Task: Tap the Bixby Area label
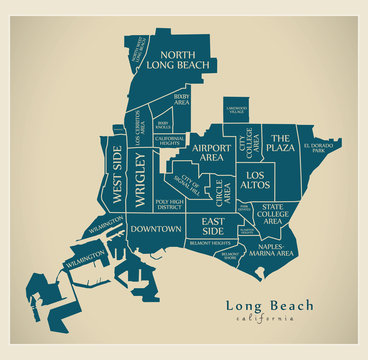[181, 99]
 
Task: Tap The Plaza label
[280, 143]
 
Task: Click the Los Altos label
[256, 180]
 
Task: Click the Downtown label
[155, 229]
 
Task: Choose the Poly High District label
[169, 205]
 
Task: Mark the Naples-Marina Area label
[271, 251]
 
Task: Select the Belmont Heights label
[209, 243]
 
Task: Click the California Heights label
[169, 140]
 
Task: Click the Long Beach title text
[269, 305]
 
